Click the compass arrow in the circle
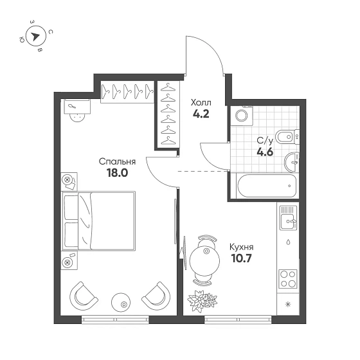tap(35, 36)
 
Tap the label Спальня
tap(117, 162)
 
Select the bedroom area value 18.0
tap(117, 173)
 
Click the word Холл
tap(201, 102)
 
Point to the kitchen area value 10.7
tap(242, 258)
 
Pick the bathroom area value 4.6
tap(265, 152)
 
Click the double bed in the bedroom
tap(99, 221)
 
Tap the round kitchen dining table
tap(204, 260)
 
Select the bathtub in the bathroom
tap(267, 186)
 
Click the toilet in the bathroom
tap(287, 138)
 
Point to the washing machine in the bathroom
tap(242, 116)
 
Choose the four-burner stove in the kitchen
tap(288, 279)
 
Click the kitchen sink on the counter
tap(288, 218)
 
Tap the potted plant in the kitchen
tap(203, 301)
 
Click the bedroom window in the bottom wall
tap(115, 319)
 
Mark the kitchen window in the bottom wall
tap(238, 319)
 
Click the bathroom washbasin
tap(292, 161)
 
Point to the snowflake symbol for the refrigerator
tap(287, 305)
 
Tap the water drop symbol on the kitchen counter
tap(288, 242)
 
